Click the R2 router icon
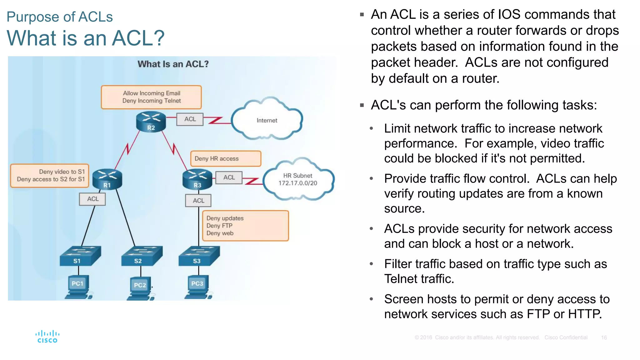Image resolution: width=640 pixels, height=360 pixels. click(151, 122)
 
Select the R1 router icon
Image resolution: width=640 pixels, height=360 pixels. click(107, 179)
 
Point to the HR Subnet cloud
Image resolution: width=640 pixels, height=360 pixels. click(298, 180)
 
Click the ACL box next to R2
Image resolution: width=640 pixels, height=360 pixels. click(190, 119)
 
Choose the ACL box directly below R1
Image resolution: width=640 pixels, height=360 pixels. click(92, 199)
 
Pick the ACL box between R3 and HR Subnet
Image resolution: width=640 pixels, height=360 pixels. click(229, 177)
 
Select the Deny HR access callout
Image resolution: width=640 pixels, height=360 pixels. click(226, 159)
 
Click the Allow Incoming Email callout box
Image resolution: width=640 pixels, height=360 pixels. click(151, 97)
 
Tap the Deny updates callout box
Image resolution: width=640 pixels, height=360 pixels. click(245, 226)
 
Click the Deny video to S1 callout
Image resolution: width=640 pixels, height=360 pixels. click(50, 176)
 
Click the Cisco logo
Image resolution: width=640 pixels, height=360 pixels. click(47, 337)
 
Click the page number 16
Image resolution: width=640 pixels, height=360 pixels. click(604, 337)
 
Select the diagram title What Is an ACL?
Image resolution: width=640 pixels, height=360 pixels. click(173, 64)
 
